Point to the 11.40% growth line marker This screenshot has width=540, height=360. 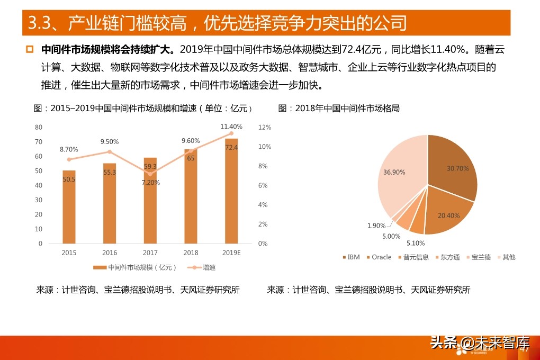[x=231, y=133]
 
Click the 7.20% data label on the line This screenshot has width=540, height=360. [x=150, y=183]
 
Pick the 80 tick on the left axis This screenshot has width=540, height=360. [x=39, y=127]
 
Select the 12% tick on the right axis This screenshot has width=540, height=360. [x=265, y=127]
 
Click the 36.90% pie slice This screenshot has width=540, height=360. [x=400, y=175]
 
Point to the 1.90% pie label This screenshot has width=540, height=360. [x=377, y=226]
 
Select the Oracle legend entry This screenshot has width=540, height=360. [x=378, y=257]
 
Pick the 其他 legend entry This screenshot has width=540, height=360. [x=506, y=257]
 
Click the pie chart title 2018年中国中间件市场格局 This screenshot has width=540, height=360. [x=339, y=109]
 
